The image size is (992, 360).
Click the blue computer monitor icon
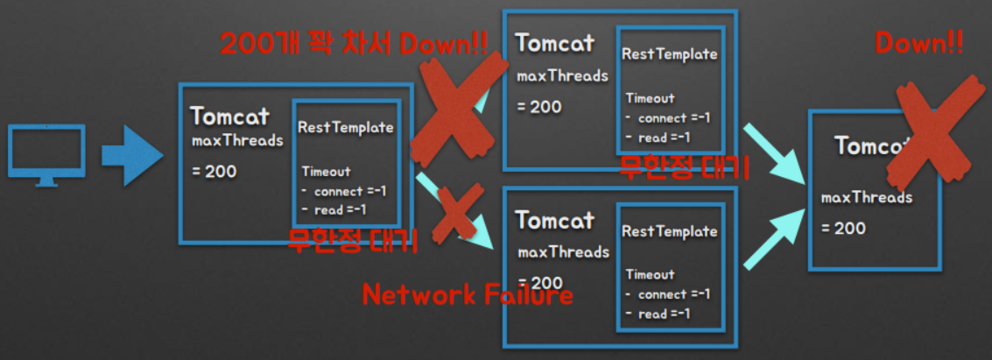46,154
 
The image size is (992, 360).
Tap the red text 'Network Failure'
468,294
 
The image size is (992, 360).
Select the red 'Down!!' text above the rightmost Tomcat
919,43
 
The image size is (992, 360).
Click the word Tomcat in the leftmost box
229,116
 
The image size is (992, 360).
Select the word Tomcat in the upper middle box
555,43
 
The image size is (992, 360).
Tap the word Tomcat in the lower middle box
555,220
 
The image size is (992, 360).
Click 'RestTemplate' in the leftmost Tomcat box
346,128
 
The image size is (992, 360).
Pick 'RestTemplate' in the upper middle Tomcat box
670,54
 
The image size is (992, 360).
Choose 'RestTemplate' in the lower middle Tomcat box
670,231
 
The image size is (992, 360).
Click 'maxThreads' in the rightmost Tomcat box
867,197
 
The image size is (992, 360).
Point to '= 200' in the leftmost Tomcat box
215,172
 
